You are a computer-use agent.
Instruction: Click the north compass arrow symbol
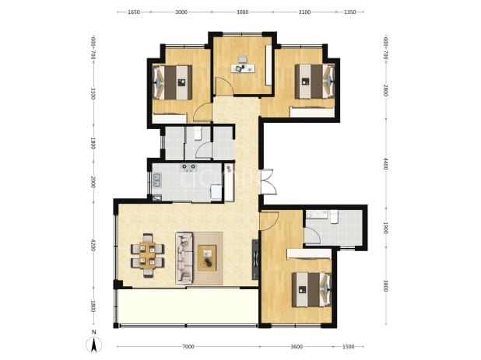[94, 344]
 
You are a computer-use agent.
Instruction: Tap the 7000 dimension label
[188, 347]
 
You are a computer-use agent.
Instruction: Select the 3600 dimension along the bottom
[297, 347]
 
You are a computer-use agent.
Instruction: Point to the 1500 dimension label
[348, 347]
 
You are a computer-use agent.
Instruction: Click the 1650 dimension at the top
[134, 12]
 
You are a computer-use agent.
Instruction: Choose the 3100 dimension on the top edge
[304, 12]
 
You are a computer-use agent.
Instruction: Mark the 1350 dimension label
[349, 12]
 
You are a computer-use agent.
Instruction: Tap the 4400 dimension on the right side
[386, 163]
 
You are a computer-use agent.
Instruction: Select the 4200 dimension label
[93, 246]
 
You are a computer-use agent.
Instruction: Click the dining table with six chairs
[148, 256]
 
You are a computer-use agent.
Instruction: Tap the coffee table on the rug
[207, 257]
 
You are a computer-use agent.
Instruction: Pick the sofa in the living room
[184, 258]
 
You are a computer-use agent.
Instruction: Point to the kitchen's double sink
[156, 180]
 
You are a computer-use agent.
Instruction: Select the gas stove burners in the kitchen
[188, 167]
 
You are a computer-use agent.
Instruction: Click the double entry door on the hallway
[268, 182]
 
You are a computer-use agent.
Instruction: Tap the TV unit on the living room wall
[255, 260]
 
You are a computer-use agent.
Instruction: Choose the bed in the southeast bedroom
[311, 289]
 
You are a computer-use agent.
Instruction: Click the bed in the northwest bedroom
[173, 82]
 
